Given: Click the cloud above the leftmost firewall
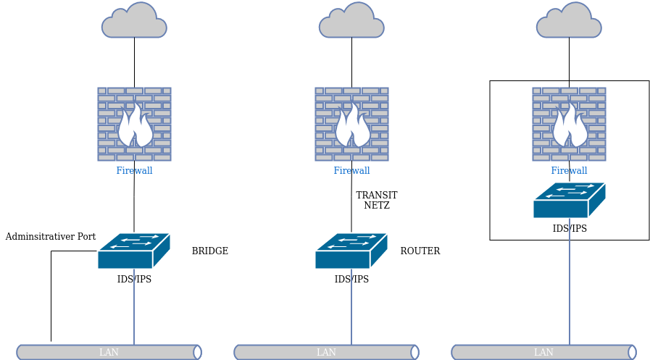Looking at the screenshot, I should [x=134, y=22].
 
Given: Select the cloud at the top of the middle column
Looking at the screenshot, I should [x=351, y=22].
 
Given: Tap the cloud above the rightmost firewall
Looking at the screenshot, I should [x=569, y=22].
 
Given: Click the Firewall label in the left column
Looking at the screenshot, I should [x=134, y=171].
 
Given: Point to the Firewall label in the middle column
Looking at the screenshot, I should [x=351, y=171].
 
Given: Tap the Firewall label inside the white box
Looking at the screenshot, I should [x=569, y=171].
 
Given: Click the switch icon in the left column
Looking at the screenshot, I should [x=133, y=251].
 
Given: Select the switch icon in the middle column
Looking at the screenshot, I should [x=351, y=251].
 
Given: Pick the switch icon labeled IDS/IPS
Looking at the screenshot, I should [x=569, y=201].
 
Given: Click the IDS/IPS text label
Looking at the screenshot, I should [x=570, y=229].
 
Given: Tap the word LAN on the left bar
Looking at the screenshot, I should [x=109, y=353].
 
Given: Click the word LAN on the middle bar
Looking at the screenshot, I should [x=326, y=353].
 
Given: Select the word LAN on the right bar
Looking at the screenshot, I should [x=543, y=353].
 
